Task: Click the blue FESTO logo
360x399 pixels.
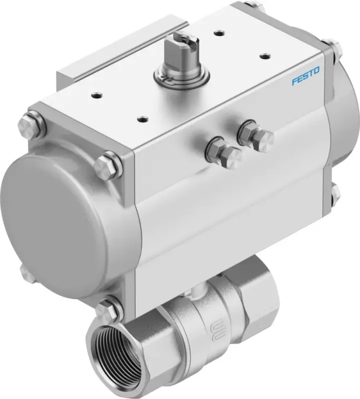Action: pos(306,76)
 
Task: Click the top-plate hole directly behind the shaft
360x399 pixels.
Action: pos(218,32)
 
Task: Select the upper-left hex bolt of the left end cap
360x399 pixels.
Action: pos(30,125)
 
